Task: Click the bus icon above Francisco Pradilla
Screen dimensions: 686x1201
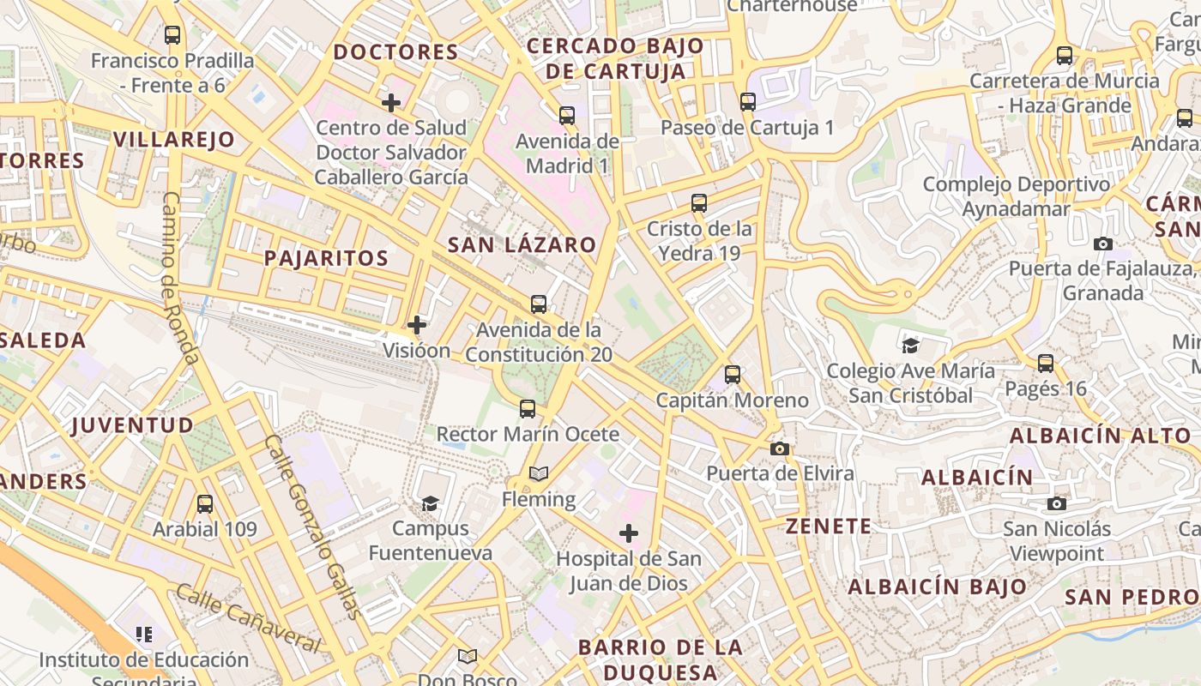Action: tap(172, 35)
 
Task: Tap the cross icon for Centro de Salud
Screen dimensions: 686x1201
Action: tap(391, 103)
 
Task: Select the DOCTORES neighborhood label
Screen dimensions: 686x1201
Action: tap(396, 52)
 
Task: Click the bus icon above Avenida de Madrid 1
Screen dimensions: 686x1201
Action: tap(566, 116)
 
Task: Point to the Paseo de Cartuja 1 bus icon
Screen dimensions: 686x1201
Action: tap(748, 102)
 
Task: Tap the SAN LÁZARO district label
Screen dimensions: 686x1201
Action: tap(522, 244)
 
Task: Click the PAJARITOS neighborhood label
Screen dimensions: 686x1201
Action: tap(326, 258)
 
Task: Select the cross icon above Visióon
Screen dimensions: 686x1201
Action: tap(417, 325)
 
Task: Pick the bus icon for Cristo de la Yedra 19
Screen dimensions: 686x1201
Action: tap(699, 203)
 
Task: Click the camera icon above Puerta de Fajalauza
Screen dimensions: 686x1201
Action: tap(1103, 244)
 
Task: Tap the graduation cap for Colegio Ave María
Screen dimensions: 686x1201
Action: tap(910, 346)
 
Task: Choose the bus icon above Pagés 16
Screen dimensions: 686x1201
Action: tap(1046, 364)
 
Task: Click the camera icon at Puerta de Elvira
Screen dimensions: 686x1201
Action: tap(780, 448)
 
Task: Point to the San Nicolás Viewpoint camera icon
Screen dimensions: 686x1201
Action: tap(1057, 503)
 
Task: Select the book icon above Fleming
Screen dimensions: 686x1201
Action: tap(539, 473)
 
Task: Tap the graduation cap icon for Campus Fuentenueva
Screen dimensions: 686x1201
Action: tap(430, 503)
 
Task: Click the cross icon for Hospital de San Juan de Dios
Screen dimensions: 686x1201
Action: tap(629, 534)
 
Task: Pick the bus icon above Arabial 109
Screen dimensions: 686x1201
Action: tap(204, 504)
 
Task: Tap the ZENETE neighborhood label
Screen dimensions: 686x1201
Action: tap(829, 527)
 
